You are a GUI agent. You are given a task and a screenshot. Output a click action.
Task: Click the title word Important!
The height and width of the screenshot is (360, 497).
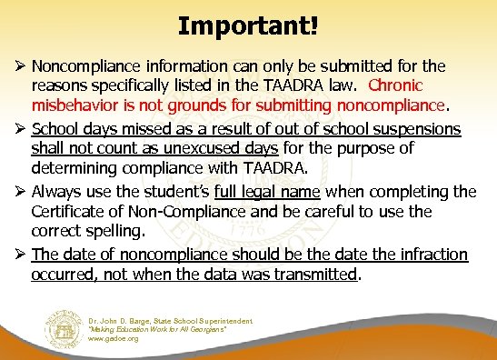click(x=248, y=25)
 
